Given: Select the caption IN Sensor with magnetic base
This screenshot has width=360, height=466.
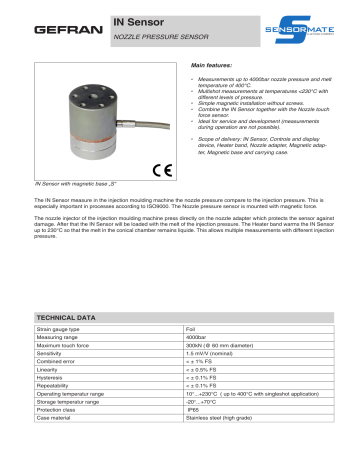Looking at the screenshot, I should pos(76,186).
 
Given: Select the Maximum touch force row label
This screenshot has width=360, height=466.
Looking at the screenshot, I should pos(68,346).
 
